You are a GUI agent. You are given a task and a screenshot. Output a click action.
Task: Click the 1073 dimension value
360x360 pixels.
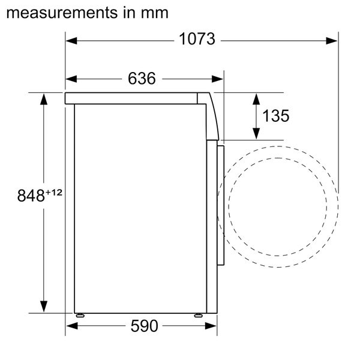197,40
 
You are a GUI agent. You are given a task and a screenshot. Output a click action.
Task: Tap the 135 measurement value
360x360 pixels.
275,116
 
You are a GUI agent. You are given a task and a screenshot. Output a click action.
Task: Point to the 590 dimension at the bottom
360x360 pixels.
144,326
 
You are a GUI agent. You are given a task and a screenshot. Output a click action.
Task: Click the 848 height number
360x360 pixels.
31,196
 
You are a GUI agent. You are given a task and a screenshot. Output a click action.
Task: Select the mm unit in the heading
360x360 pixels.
155,11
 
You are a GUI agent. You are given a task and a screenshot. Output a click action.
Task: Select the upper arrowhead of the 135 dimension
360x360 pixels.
256,99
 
